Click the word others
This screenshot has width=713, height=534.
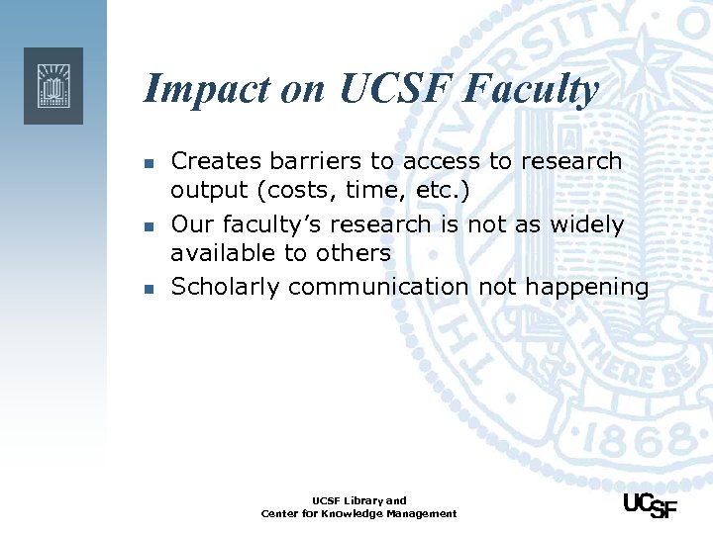click(x=354, y=253)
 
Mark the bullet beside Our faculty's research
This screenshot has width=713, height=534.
click(x=148, y=226)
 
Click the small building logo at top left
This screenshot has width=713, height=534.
click(x=53, y=85)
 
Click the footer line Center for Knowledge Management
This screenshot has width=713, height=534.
click(x=358, y=514)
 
